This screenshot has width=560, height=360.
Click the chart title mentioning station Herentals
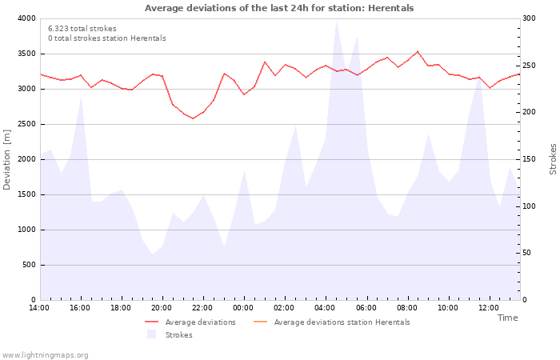point(279,8)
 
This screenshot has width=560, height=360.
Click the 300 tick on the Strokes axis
point(530,18)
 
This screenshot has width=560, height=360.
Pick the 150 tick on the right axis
point(530,159)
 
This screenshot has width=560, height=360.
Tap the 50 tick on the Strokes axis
point(528,253)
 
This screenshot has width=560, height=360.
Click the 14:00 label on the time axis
point(39,307)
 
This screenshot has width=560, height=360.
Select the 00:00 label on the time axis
point(244,307)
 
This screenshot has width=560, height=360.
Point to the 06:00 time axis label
point(366,307)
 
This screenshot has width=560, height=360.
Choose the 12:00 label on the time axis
point(489,307)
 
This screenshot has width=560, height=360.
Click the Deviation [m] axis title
point(8,159)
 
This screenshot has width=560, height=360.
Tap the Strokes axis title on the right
point(553,159)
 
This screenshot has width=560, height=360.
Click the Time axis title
point(507,318)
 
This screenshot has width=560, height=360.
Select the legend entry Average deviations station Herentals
point(342,322)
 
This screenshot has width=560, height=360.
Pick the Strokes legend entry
point(178,335)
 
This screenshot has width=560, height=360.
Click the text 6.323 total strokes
point(82,29)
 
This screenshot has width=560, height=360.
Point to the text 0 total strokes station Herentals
point(106,38)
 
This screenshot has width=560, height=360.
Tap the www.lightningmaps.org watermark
point(46,355)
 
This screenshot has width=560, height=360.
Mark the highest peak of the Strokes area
point(336,20)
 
